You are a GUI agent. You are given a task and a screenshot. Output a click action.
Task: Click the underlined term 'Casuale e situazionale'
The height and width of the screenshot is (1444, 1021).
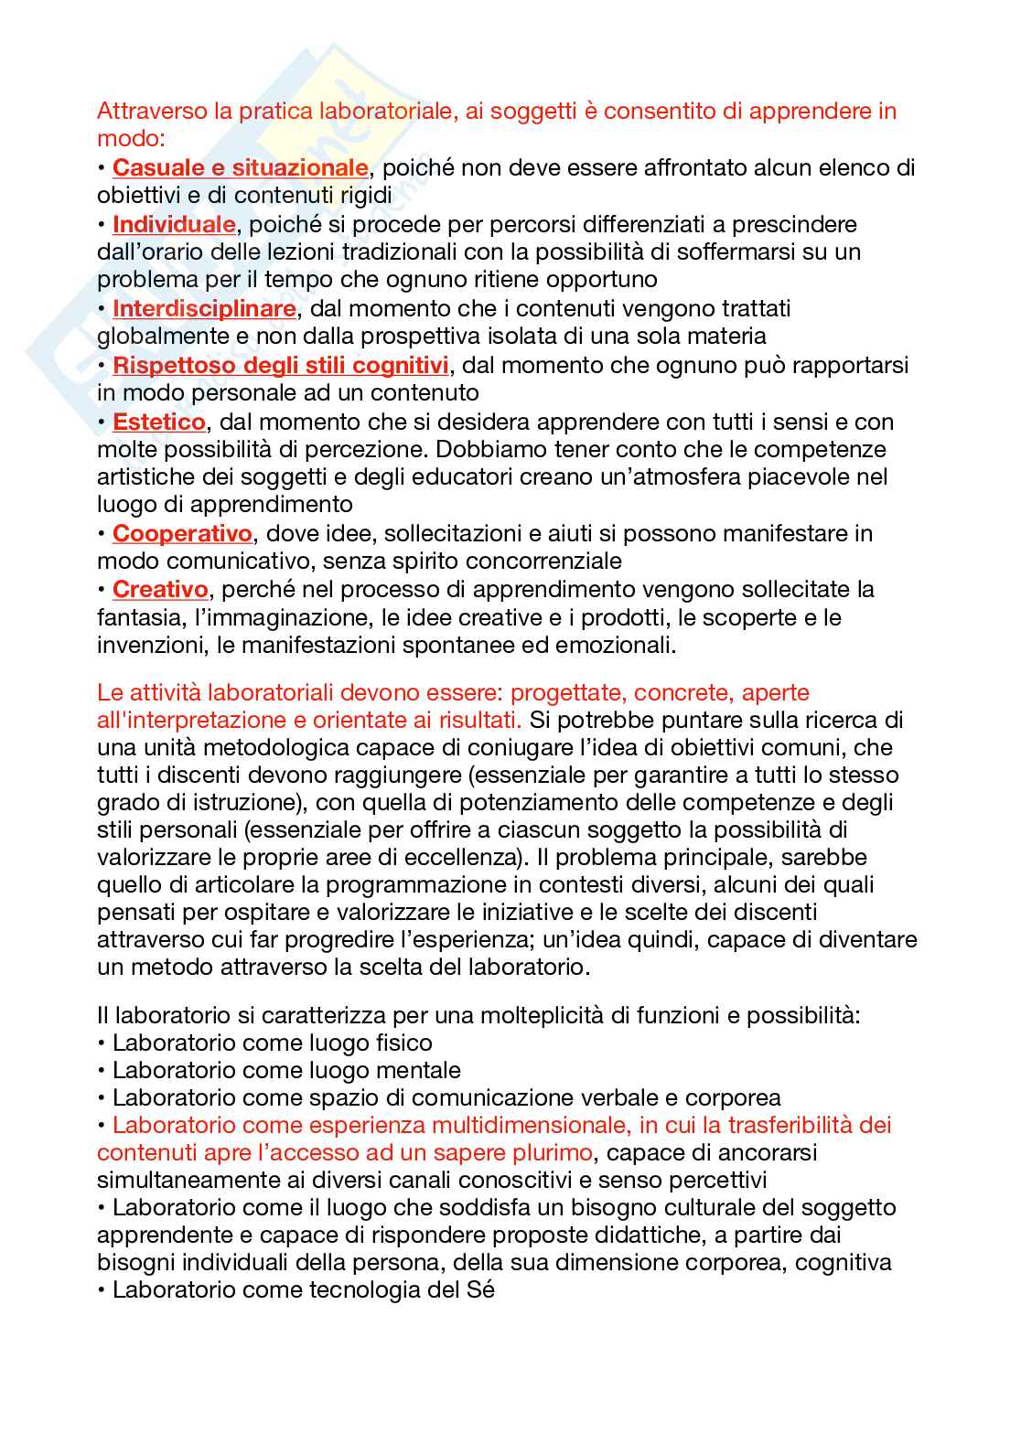coord(240,168)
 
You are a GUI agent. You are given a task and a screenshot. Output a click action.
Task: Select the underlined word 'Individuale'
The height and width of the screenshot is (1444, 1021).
coord(174,224)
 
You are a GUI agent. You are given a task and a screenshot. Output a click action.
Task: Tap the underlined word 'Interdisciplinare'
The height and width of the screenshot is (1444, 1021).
coord(204,308)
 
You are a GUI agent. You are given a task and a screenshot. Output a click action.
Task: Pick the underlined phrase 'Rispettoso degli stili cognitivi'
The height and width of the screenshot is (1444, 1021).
coord(280,365)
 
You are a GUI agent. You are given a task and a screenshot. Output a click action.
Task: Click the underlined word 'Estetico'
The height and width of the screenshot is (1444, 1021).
coord(158,422)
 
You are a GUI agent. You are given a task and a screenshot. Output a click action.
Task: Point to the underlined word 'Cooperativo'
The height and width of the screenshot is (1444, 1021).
coord(182,533)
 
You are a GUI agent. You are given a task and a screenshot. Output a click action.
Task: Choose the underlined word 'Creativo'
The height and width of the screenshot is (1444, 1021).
coord(160,590)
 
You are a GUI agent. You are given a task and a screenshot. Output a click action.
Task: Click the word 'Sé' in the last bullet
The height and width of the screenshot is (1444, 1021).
coord(480,1291)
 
